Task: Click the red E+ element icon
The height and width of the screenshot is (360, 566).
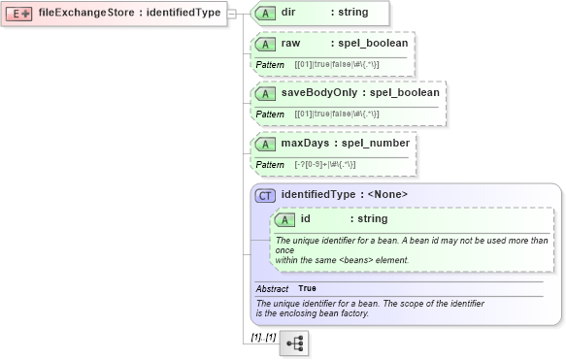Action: [18, 14]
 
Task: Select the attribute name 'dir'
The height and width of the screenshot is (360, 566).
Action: [288, 13]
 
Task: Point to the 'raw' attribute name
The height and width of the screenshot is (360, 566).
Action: [290, 44]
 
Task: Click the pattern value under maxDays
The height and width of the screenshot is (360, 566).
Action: [325, 164]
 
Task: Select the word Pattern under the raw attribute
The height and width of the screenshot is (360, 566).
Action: [269, 64]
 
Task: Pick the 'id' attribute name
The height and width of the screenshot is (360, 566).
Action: [306, 219]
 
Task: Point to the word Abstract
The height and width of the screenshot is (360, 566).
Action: [272, 289]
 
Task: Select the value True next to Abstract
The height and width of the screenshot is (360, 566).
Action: [307, 289]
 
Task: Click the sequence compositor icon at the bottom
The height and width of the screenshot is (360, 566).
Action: [293, 343]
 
